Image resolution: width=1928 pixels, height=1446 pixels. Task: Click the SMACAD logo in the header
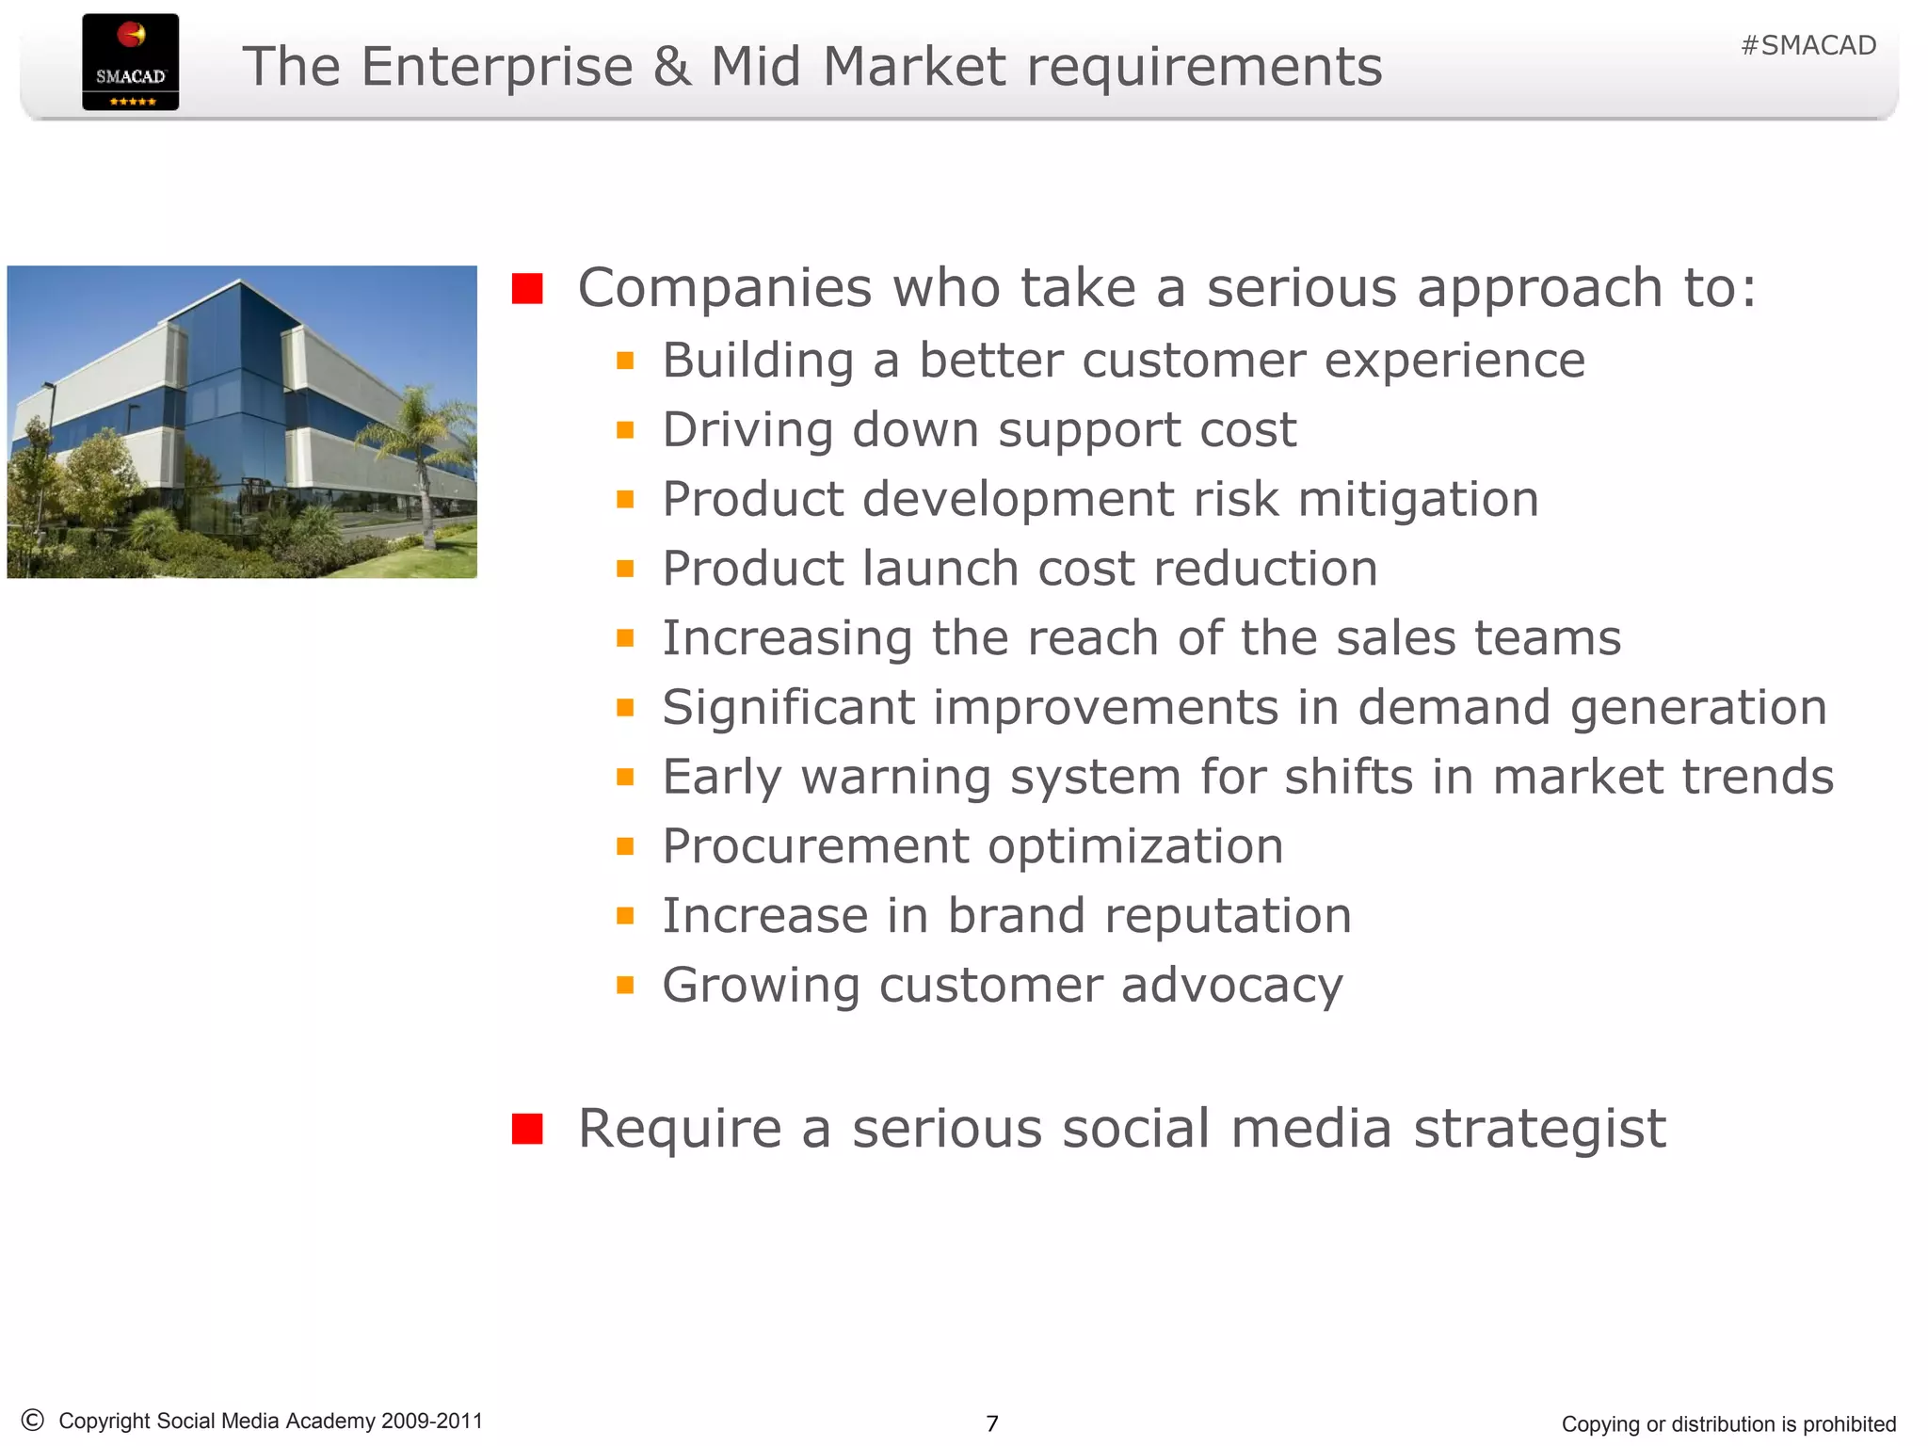tap(130, 62)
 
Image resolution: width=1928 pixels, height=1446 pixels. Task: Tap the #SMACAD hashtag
tap(1807, 45)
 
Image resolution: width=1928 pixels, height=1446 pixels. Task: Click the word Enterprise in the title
tap(497, 67)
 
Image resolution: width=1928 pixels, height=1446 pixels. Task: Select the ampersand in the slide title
tap(671, 67)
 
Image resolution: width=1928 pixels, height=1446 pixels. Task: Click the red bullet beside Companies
tap(527, 288)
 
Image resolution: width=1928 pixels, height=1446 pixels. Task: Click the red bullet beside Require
tap(527, 1129)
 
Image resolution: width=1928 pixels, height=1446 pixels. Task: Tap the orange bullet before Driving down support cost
tap(625, 430)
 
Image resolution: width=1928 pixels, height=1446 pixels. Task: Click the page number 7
tap(991, 1423)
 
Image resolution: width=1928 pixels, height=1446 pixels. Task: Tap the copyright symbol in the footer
tap(32, 1420)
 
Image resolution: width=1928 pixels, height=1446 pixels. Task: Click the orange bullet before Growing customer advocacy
tap(625, 986)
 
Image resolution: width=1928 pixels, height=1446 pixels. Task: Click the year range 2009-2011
tap(432, 1421)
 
